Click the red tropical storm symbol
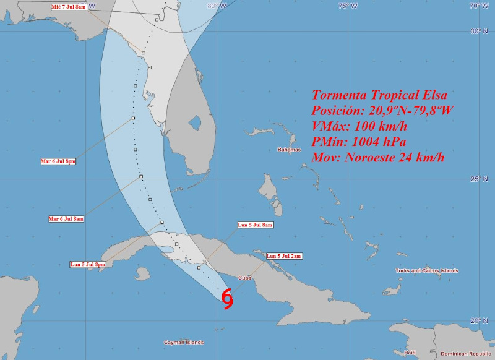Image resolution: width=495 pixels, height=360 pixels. click(228, 299)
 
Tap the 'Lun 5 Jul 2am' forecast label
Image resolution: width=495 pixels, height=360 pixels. click(284, 256)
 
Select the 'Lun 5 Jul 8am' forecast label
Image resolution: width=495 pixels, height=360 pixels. click(256, 225)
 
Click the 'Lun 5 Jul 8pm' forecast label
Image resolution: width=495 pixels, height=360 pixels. click(88, 265)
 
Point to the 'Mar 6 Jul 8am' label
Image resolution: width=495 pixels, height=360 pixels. click(66, 219)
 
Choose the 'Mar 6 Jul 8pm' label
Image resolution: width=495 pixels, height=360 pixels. click(58, 161)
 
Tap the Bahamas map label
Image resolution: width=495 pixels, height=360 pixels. click(289, 150)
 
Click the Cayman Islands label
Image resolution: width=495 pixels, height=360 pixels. click(184, 342)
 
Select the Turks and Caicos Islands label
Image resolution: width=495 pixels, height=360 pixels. click(427, 270)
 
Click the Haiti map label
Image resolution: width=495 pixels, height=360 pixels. click(410, 353)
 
